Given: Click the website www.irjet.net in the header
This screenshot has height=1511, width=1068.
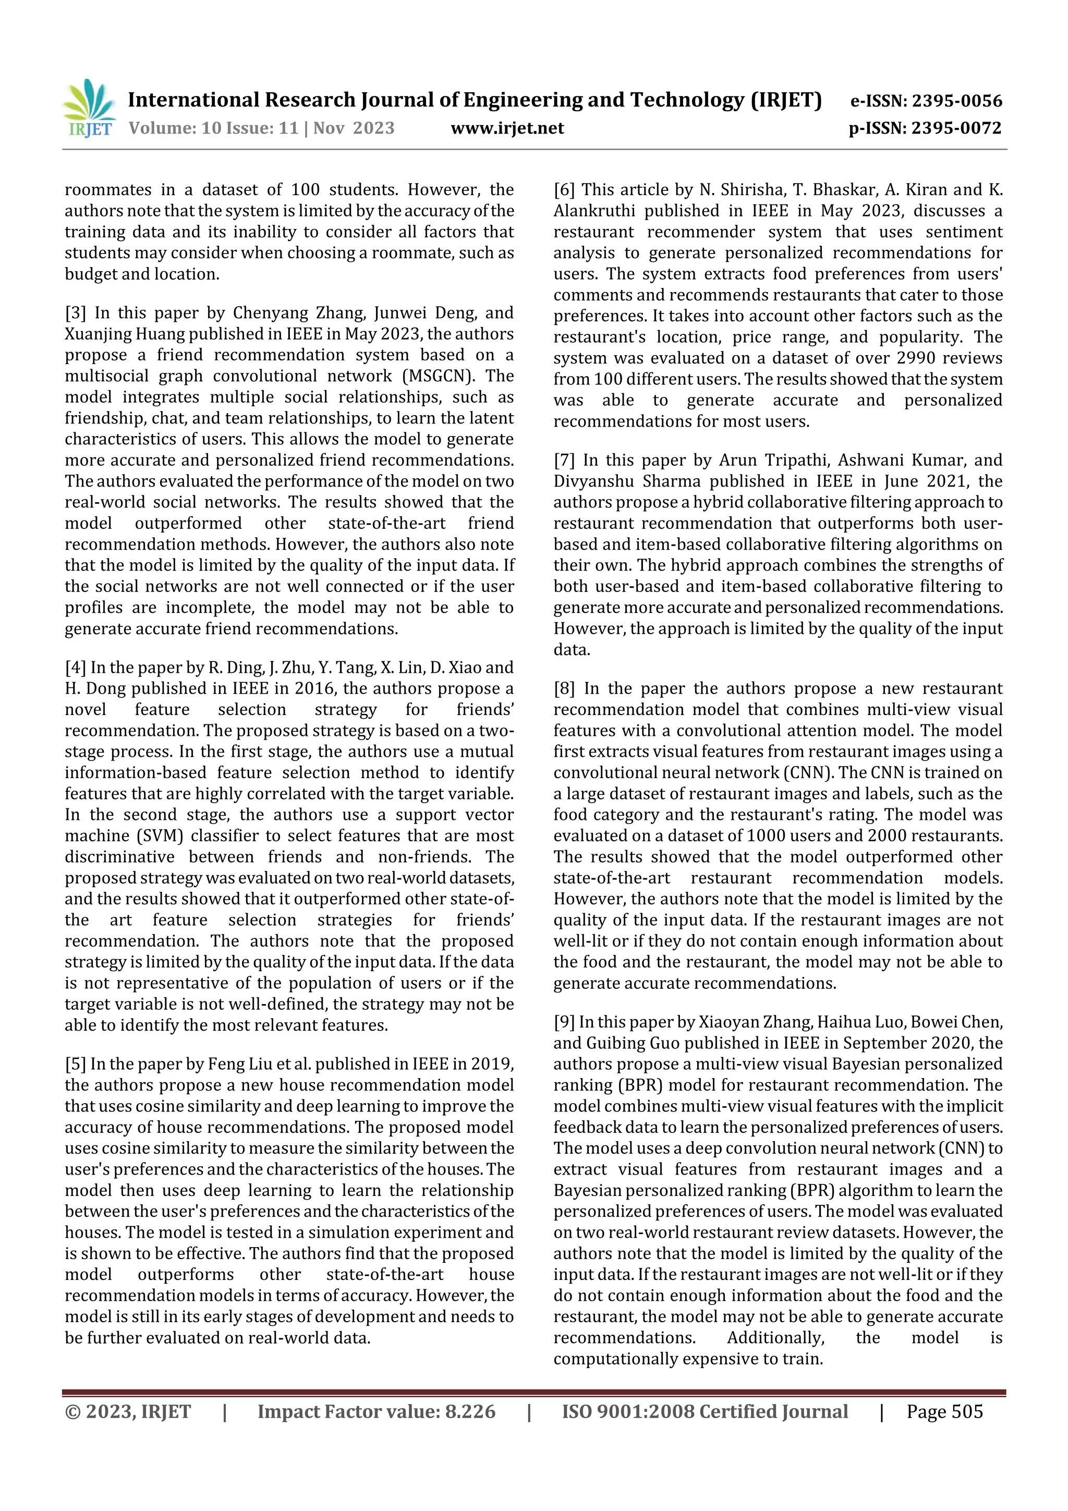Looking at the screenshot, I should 507,128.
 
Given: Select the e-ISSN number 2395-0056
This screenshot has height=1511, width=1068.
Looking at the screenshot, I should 957,101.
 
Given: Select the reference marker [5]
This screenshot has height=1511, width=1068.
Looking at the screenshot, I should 75,1064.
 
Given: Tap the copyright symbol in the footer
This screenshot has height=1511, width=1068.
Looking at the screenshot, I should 72,1411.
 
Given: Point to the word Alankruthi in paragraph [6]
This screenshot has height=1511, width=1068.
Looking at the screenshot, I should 594,211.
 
